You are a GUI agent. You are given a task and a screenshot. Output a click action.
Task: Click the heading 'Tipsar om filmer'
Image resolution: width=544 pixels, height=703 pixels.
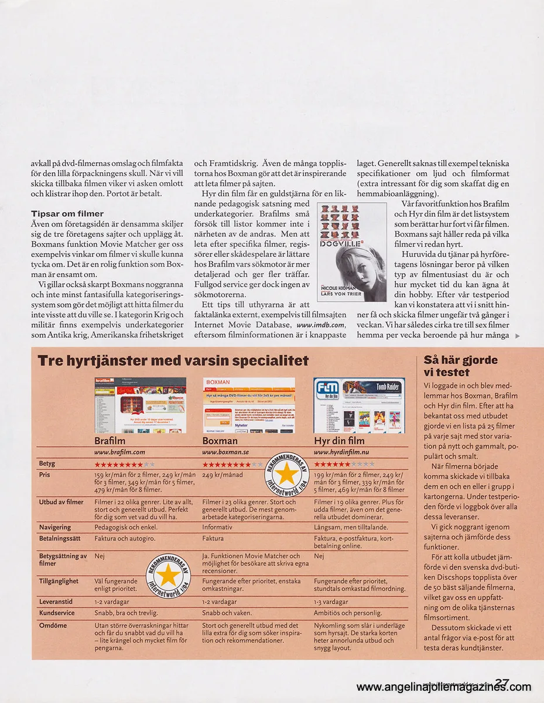[x=67, y=214]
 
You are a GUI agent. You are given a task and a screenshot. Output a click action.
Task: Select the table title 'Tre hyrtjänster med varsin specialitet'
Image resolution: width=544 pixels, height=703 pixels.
[x=173, y=360]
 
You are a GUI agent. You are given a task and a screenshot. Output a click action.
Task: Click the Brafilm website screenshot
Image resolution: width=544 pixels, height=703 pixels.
[x=141, y=405]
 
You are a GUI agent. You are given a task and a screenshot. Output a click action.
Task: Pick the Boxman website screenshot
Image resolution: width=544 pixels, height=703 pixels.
[x=249, y=405]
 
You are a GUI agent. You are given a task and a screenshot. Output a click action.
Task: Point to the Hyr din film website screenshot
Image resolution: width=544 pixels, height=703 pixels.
[x=359, y=405]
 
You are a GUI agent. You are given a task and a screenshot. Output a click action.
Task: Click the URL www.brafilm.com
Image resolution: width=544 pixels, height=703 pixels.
[x=119, y=452]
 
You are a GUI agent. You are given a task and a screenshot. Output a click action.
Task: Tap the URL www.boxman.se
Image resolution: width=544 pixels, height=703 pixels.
[x=225, y=452]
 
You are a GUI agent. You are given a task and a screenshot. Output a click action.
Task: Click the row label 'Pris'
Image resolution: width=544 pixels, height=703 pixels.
[x=45, y=475]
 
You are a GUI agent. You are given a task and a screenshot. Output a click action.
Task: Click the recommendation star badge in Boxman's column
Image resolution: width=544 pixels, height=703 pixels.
[x=286, y=473]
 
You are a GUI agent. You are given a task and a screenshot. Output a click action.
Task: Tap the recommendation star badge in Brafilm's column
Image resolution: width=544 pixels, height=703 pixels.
[x=168, y=575]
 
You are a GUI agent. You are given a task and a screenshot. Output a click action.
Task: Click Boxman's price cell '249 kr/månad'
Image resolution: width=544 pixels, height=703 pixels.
[x=223, y=475]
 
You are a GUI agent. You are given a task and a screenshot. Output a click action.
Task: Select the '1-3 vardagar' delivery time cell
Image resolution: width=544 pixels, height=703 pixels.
[x=331, y=602]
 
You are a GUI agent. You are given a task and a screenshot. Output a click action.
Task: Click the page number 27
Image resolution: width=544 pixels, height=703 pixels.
[x=502, y=683]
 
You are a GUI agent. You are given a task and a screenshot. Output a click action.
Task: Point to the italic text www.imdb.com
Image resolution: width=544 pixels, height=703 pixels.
[x=321, y=325]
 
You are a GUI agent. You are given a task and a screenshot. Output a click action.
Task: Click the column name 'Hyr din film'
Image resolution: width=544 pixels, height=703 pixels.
[x=339, y=441]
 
